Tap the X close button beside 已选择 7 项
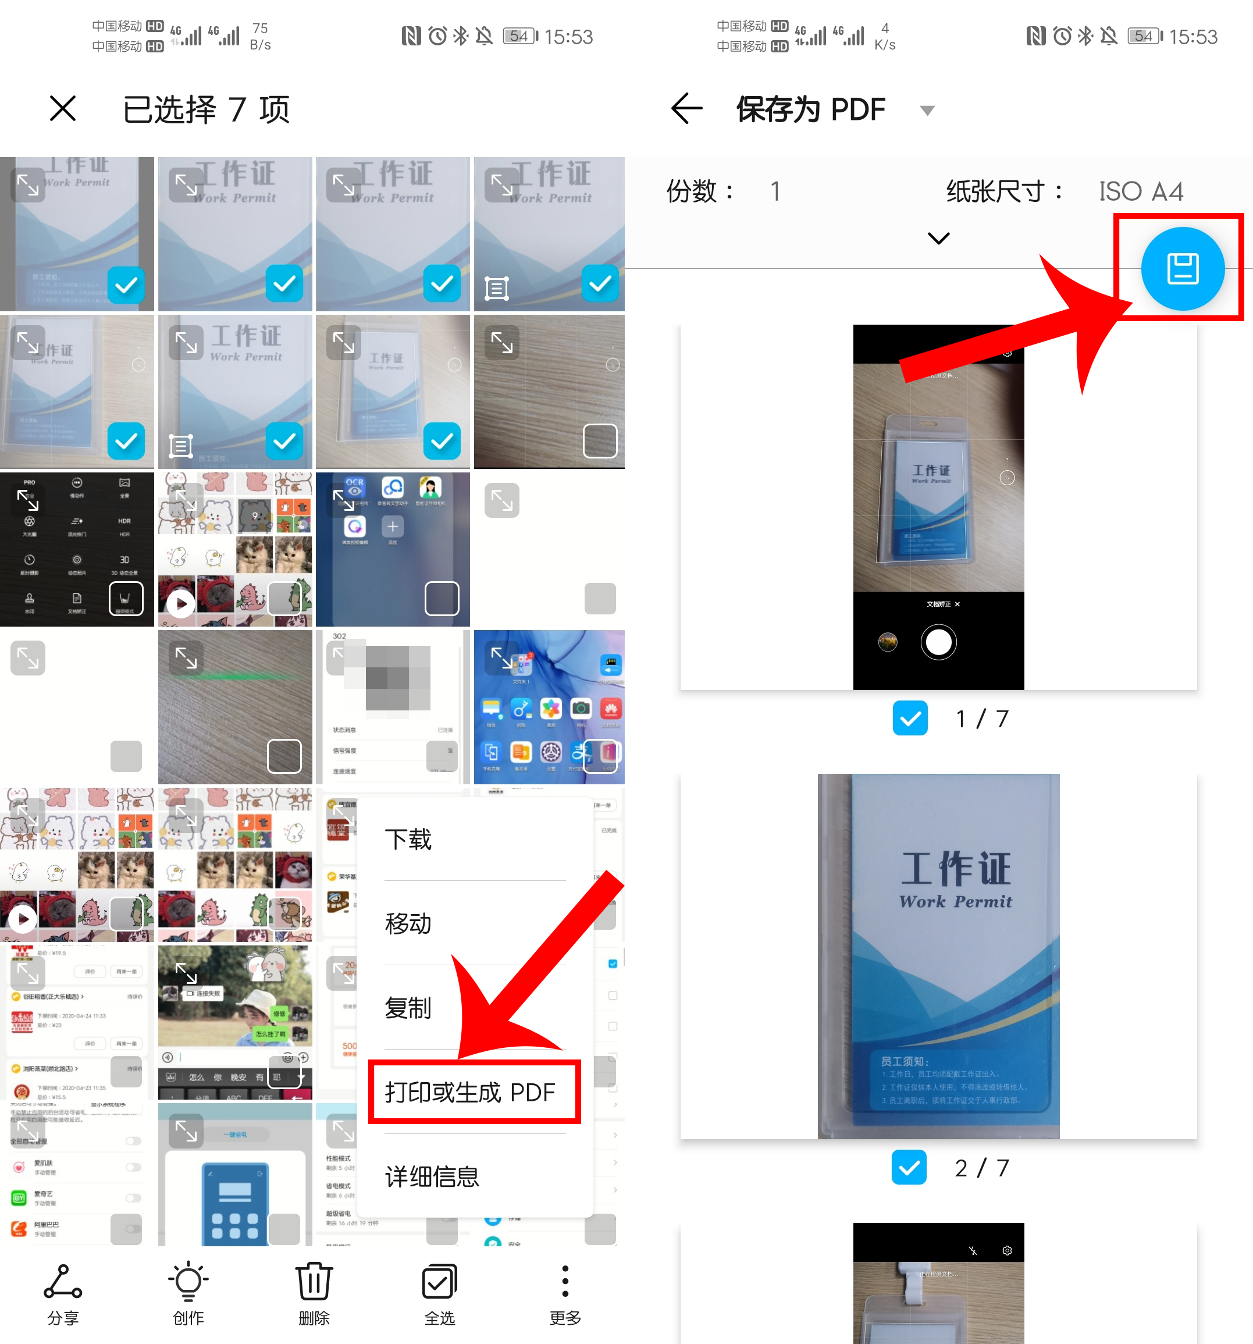(x=63, y=108)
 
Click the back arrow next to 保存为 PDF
(x=686, y=108)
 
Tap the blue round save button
(x=1182, y=268)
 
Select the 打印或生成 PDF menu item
(x=471, y=1092)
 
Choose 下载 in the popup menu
(x=408, y=839)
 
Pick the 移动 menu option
(x=408, y=923)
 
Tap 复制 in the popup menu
(x=408, y=1008)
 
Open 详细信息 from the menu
(x=432, y=1176)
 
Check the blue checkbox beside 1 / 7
(x=910, y=718)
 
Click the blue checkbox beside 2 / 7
(x=909, y=1167)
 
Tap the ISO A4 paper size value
(x=1141, y=191)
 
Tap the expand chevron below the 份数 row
(x=939, y=238)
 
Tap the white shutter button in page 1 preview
(x=938, y=642)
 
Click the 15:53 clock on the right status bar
(x=1193, y=37)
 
